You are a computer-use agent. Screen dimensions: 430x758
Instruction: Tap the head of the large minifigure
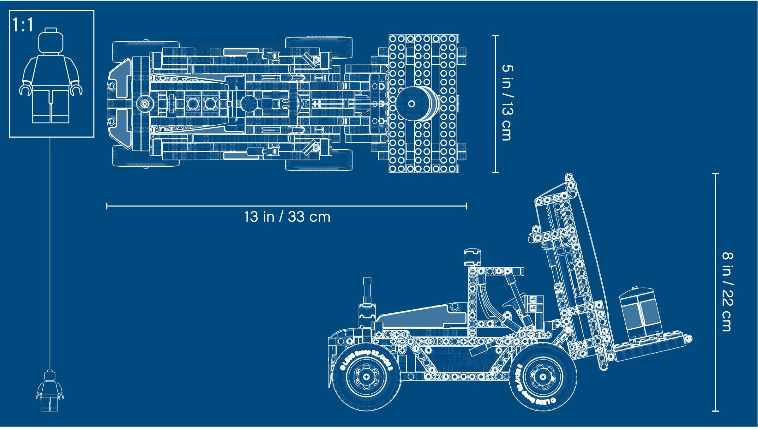pos(51,42)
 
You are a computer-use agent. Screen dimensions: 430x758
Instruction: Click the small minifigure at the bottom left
pos(50,391)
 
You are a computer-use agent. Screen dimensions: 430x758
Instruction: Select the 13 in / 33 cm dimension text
pos(287,217)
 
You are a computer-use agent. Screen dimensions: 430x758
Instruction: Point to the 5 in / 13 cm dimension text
pos(507,103)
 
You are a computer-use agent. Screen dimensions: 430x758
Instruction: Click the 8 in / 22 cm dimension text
pos(727,292)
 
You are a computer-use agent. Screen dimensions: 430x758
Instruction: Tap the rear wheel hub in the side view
pos(366,377)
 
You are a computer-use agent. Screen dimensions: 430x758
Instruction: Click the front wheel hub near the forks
pos(543,376)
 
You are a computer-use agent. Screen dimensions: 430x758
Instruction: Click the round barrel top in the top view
pos(412,104)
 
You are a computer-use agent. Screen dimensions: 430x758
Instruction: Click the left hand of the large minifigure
pos(25,90)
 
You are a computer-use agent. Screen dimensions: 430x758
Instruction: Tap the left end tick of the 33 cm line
pos(107,206)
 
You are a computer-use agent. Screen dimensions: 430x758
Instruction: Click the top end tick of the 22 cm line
pos(716,174)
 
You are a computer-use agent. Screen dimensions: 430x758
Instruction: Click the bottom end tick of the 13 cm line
pos(496,172)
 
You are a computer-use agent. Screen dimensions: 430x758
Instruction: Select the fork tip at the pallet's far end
pos(689,339)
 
